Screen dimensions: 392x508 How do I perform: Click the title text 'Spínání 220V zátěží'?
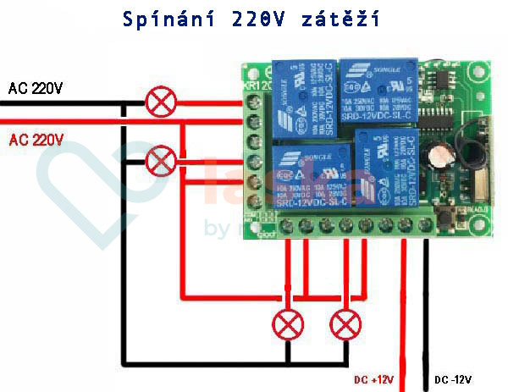click(255, 18)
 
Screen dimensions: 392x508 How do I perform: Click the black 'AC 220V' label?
click(36, 88)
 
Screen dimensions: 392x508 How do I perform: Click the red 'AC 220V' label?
click(36, 141)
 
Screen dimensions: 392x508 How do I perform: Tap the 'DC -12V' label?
click(452, 380)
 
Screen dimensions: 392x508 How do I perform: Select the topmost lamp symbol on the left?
click(159, 103)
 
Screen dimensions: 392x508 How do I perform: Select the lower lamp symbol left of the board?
click(160, 159)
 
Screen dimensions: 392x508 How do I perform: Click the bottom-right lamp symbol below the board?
click(345, 324)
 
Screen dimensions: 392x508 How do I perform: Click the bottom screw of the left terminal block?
click(253, 200)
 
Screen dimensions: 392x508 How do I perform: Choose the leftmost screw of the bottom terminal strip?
click(287, 226)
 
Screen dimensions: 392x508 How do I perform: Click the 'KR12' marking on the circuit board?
click(256, 86)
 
